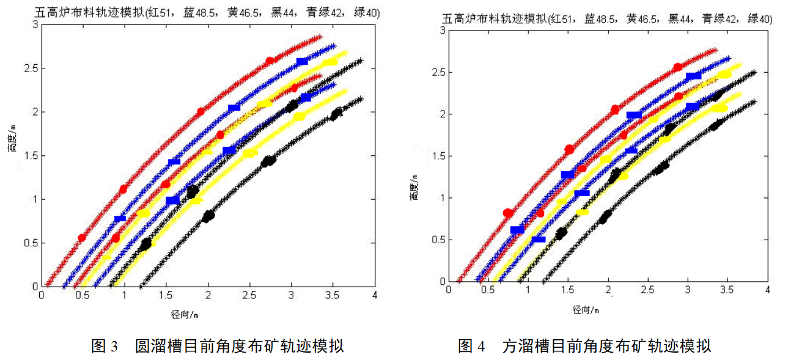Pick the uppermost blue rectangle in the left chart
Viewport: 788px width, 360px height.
(302, 61)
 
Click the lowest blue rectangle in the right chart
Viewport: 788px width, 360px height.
(538, 239)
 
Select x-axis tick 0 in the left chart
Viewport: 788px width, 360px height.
(42, 295)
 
